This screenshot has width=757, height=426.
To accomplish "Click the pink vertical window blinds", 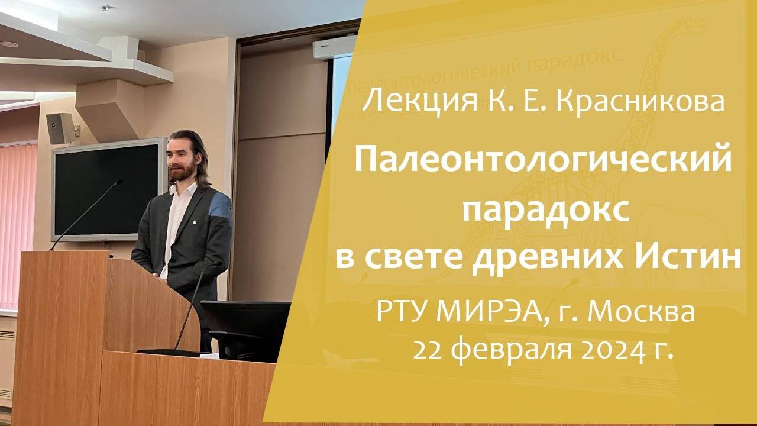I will point(18,225).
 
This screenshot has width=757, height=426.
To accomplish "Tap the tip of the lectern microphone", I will point(119,182).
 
